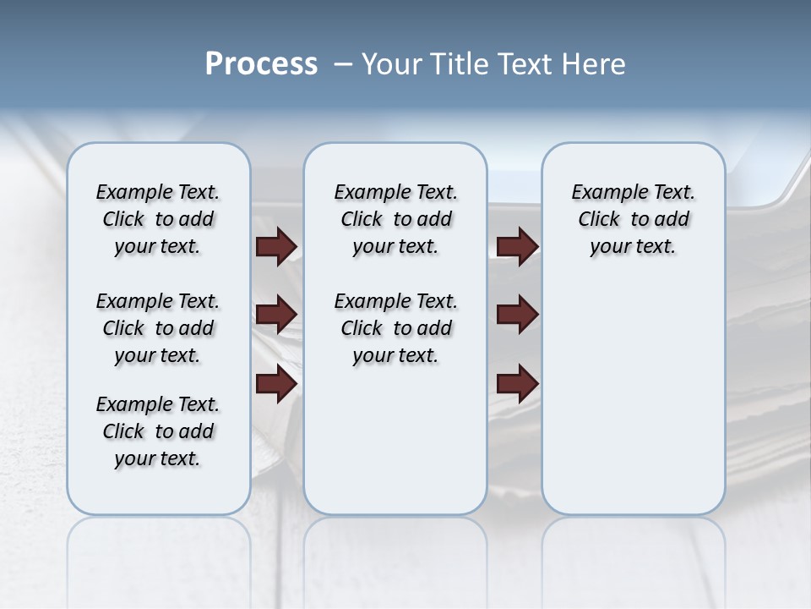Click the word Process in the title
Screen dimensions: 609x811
(261, 64)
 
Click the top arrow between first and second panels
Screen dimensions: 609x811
(276, 246)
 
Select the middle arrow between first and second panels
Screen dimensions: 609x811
(276, 315)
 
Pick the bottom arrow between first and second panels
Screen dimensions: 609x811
(276, 384)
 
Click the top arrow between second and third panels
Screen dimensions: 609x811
(517, 246)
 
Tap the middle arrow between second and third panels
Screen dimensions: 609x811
(517, 315)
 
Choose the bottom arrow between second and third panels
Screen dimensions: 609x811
(517, 384)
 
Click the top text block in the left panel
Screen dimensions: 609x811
(158, 219)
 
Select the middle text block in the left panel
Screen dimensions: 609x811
(158, 328)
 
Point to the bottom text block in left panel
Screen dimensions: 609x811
(158, 431)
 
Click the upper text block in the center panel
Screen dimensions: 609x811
(395, 219)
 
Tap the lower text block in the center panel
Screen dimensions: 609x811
(395, 328)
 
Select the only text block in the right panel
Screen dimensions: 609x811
(633, 219)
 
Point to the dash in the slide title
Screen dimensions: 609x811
(343, 64)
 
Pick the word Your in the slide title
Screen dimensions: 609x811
(392, 64)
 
